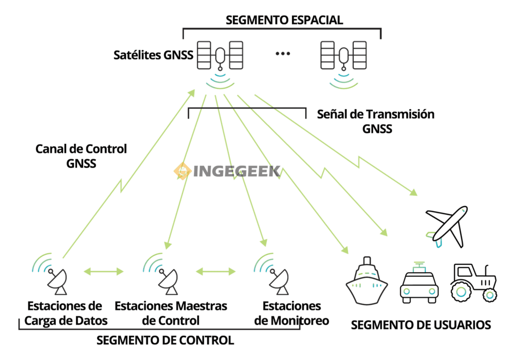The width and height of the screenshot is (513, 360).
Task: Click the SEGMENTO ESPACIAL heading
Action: click(x=284, y=20)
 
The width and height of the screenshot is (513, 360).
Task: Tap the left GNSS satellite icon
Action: click(x=220, y=55)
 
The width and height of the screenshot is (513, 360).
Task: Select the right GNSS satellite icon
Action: click(x=343, y=55)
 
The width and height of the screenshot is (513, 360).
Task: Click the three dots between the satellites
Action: click(x=283, y=54)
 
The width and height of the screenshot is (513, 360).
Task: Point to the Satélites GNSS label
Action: click(x=153, y=55)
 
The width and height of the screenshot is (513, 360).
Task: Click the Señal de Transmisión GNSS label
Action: click(x=376, y=121)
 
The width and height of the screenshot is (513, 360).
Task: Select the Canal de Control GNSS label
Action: click(x=81, y=156)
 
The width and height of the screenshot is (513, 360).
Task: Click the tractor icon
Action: click(x=473, y=283)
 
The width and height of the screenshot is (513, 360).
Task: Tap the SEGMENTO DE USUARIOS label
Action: click(x=421, y=324)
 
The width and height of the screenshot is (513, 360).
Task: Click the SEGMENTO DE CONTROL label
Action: click(x=165, y=340)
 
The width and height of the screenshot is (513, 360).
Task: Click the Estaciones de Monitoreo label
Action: click(x=292, y=313)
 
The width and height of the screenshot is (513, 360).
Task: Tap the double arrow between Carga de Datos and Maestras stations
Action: click(x=103, y=272)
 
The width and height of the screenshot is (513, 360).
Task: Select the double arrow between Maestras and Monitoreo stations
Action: click(x=215, y=272)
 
